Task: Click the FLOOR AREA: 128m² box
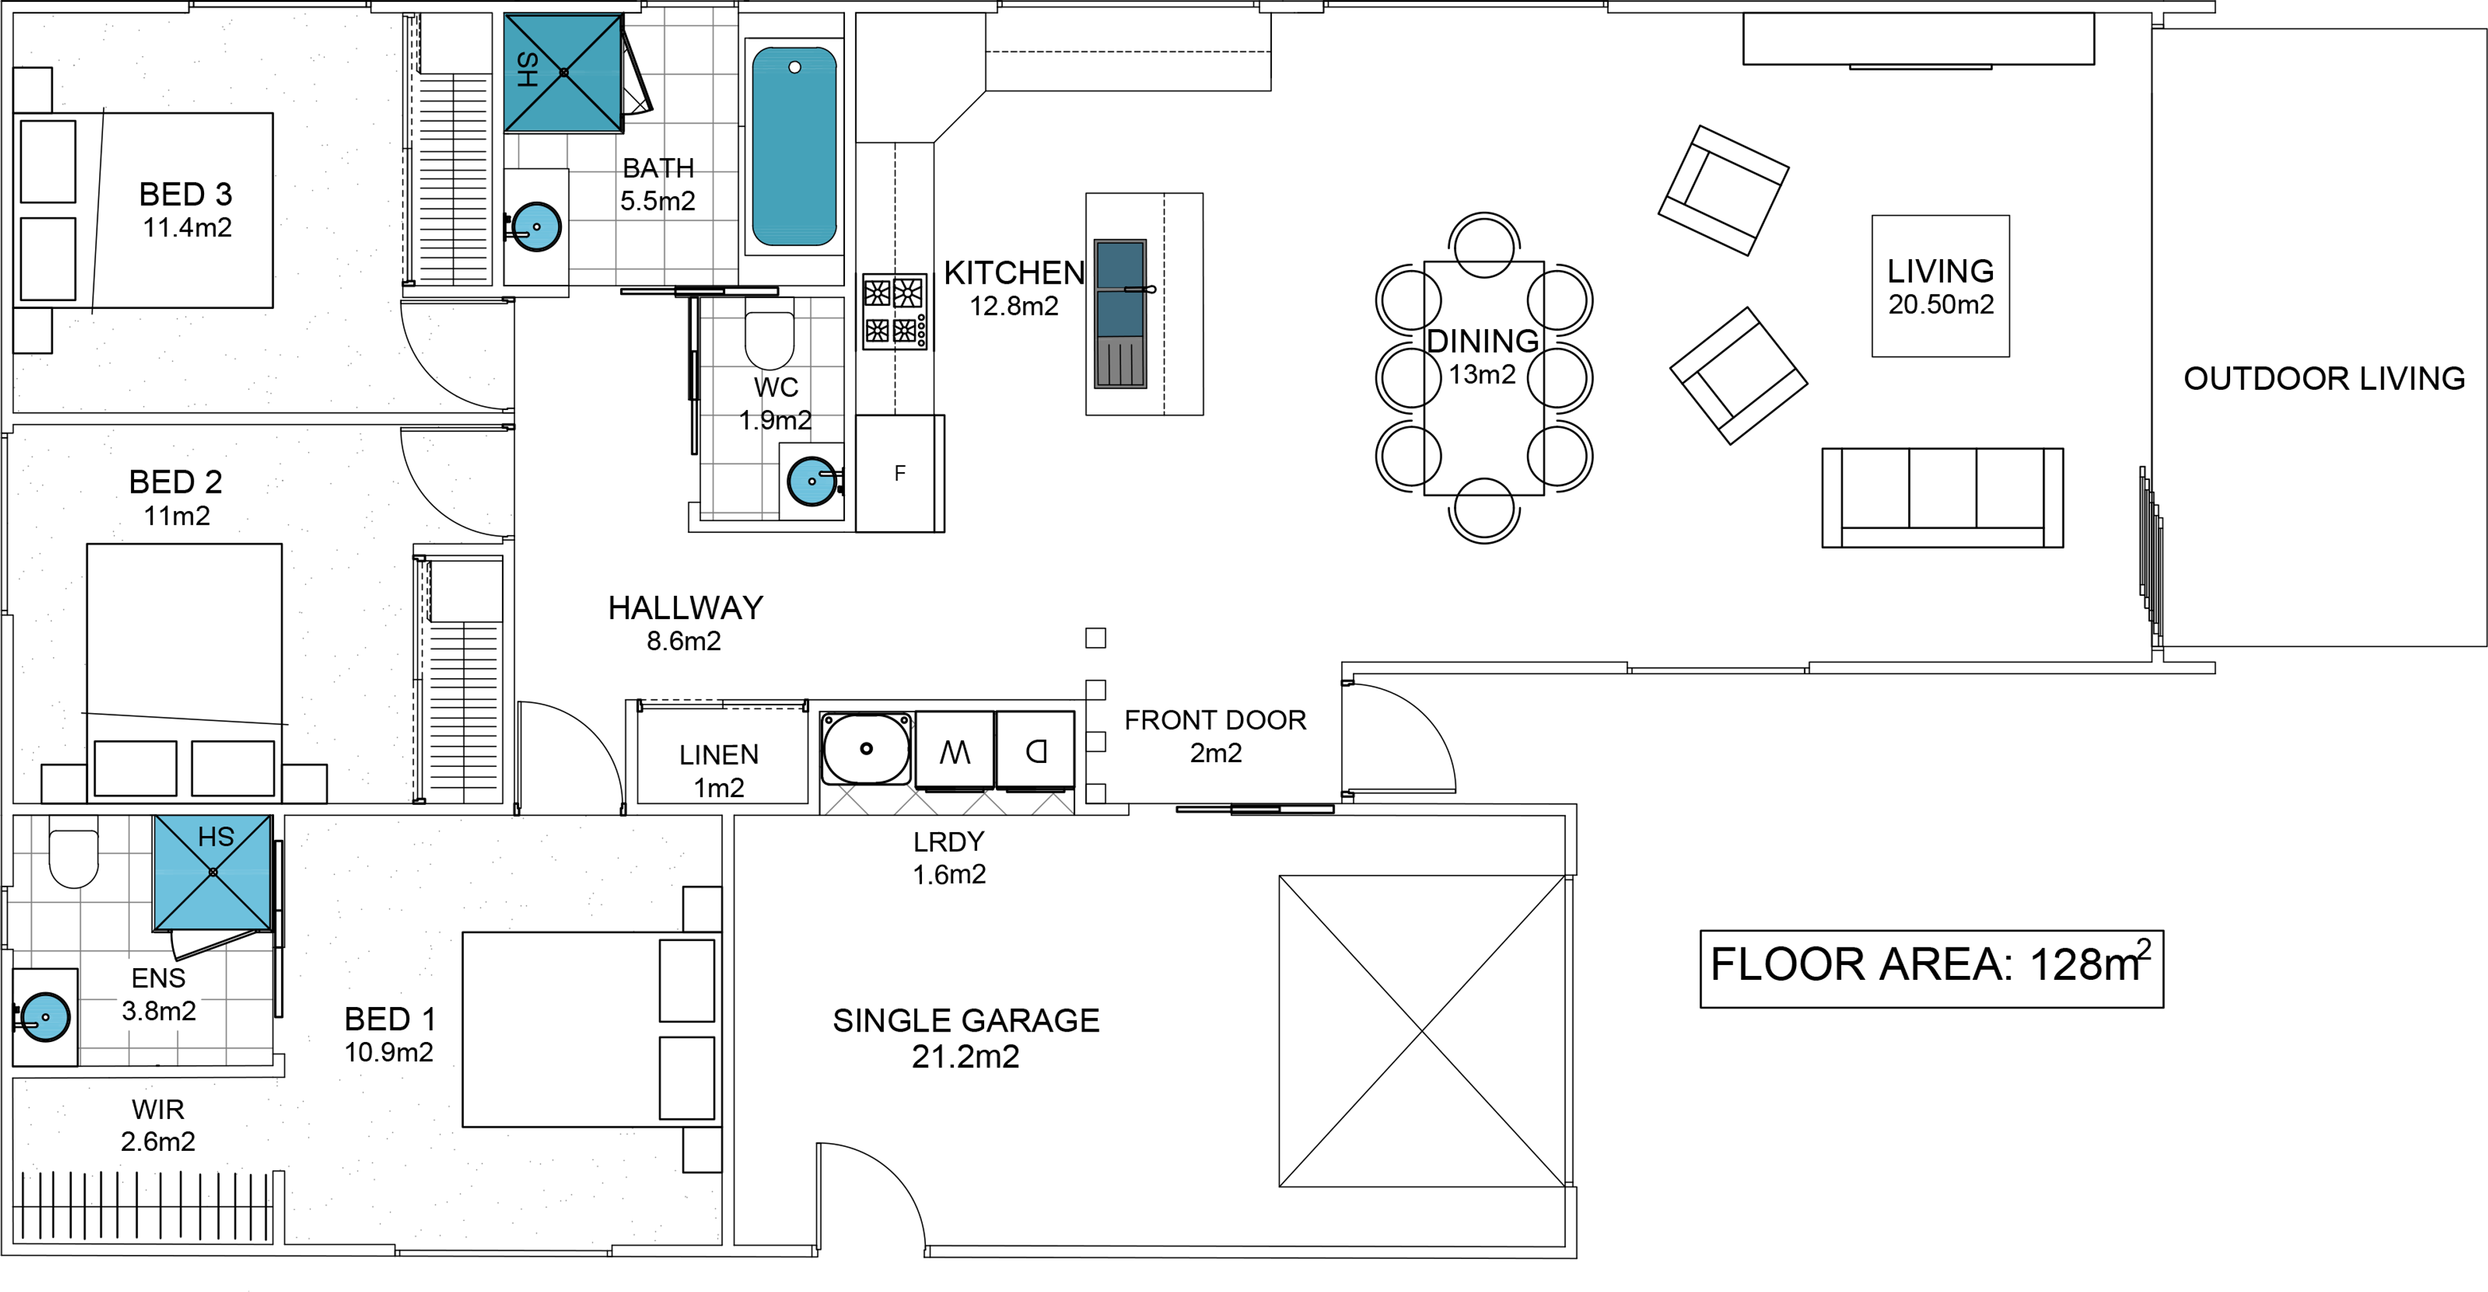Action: point(1931,969)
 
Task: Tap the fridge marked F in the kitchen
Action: point(899,473)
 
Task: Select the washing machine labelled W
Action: point(954,751)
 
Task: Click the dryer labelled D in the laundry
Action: point(1035,751)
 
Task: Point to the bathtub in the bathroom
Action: point(794,147)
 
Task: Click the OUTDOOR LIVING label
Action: point(2324,378)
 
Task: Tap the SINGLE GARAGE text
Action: point(966,1021)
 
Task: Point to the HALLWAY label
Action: point(685,607)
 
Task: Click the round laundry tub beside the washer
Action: point(866,749)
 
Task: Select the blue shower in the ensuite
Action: point(213,872)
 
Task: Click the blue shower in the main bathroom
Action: point(563,73)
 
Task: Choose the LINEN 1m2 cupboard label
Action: point(719,769)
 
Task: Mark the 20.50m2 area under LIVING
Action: point(1941,304)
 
